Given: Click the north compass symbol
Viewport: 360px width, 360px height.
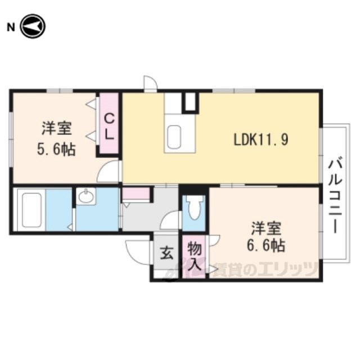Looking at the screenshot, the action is [33, 26].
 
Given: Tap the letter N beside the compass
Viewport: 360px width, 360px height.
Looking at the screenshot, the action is [11, 28].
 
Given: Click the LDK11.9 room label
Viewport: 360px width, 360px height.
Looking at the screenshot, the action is [261, 139].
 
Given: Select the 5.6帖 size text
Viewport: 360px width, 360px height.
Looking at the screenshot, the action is [56, 150].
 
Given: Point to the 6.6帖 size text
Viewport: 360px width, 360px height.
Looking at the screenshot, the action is [266, 245].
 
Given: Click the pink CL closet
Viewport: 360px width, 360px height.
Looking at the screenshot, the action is [109, 123].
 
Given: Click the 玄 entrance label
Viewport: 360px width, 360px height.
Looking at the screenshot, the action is [166, 253].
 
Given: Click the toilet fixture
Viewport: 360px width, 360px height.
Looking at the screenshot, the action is [194, 207].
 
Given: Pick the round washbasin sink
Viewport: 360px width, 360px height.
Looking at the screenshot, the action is [86, 196].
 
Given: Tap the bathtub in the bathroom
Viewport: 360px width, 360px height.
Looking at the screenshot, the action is [31, 210].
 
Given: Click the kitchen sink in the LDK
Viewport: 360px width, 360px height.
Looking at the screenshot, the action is [174, 137].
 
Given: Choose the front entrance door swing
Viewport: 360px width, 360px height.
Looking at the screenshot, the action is [137, 252].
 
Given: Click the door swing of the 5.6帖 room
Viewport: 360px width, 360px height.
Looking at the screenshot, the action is [108, 171].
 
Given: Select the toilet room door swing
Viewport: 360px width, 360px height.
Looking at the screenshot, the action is [169, 220].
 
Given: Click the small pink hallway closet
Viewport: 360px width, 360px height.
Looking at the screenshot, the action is [136, 193].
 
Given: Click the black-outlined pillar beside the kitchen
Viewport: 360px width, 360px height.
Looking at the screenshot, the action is [190, 102].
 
